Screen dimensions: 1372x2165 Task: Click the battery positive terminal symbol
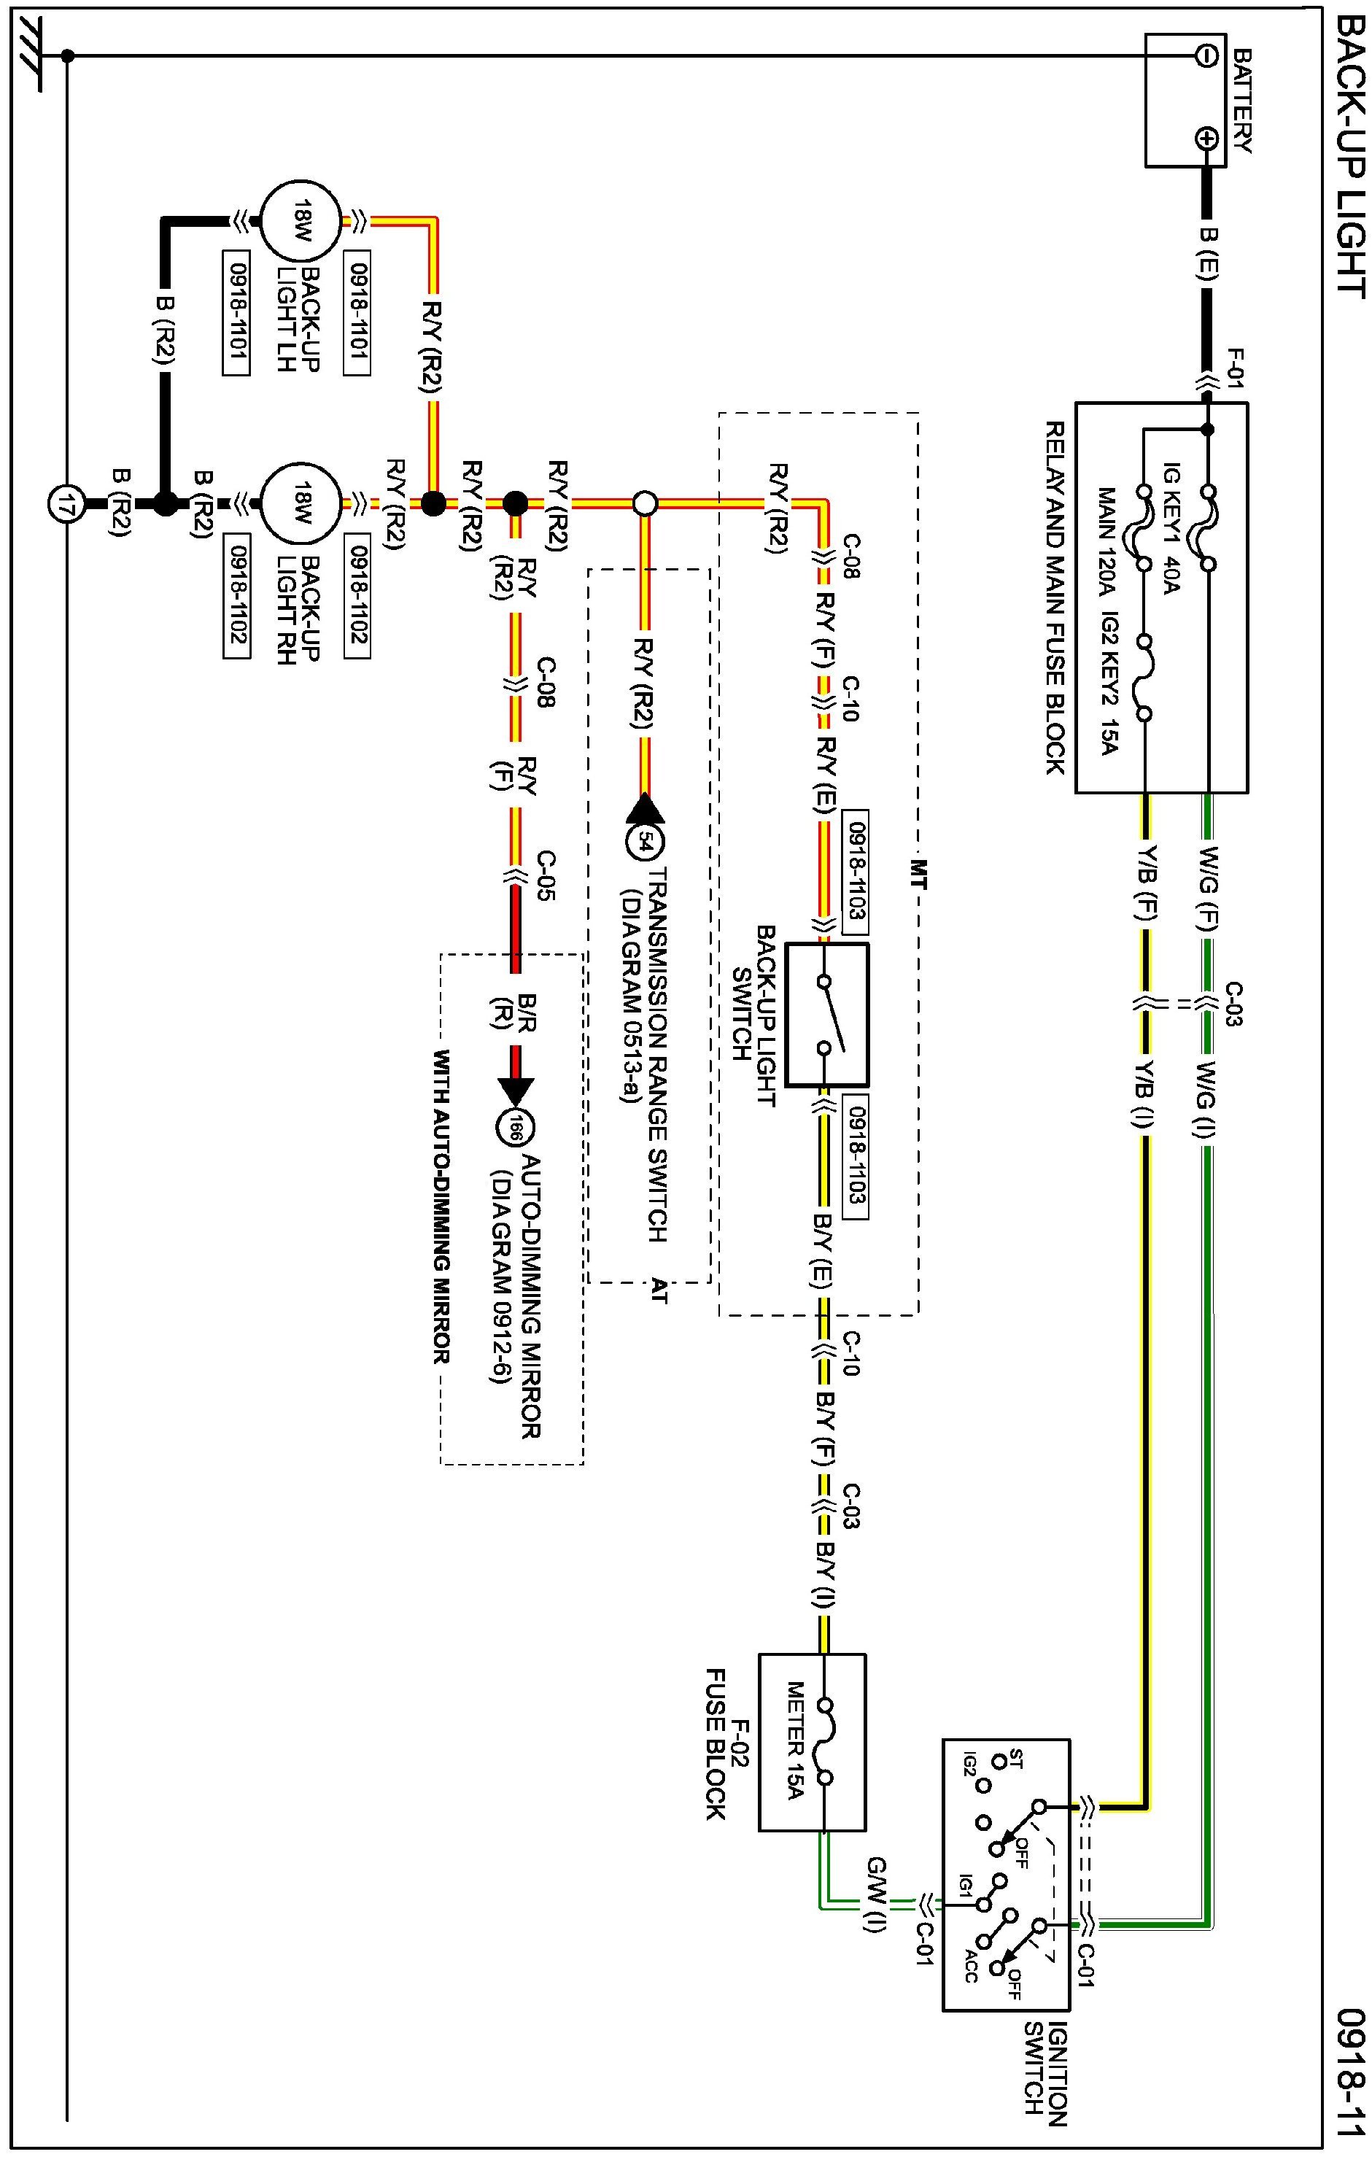tap(1206, 139)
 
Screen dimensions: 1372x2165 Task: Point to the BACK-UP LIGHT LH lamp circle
tap(301, 220)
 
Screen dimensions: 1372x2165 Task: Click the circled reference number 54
tap(645, 843)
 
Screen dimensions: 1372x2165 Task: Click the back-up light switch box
tap(827, 1014)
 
